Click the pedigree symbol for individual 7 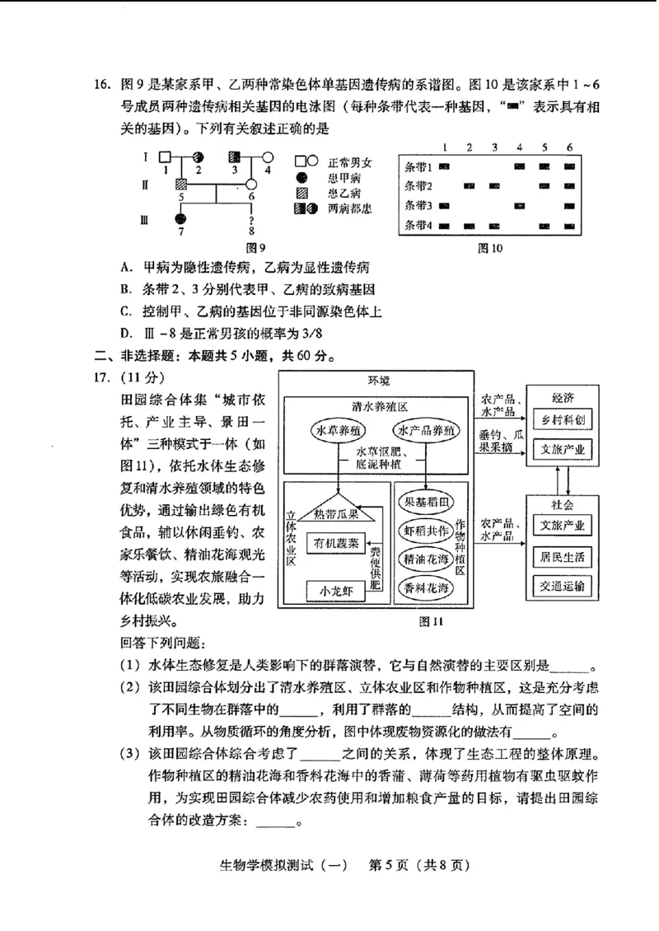(181, 219)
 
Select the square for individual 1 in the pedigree (165, 157)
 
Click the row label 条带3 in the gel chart (418, 205)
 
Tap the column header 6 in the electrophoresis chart (568, 147)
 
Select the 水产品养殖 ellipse (427, 431)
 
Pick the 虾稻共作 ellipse (427, 530)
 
